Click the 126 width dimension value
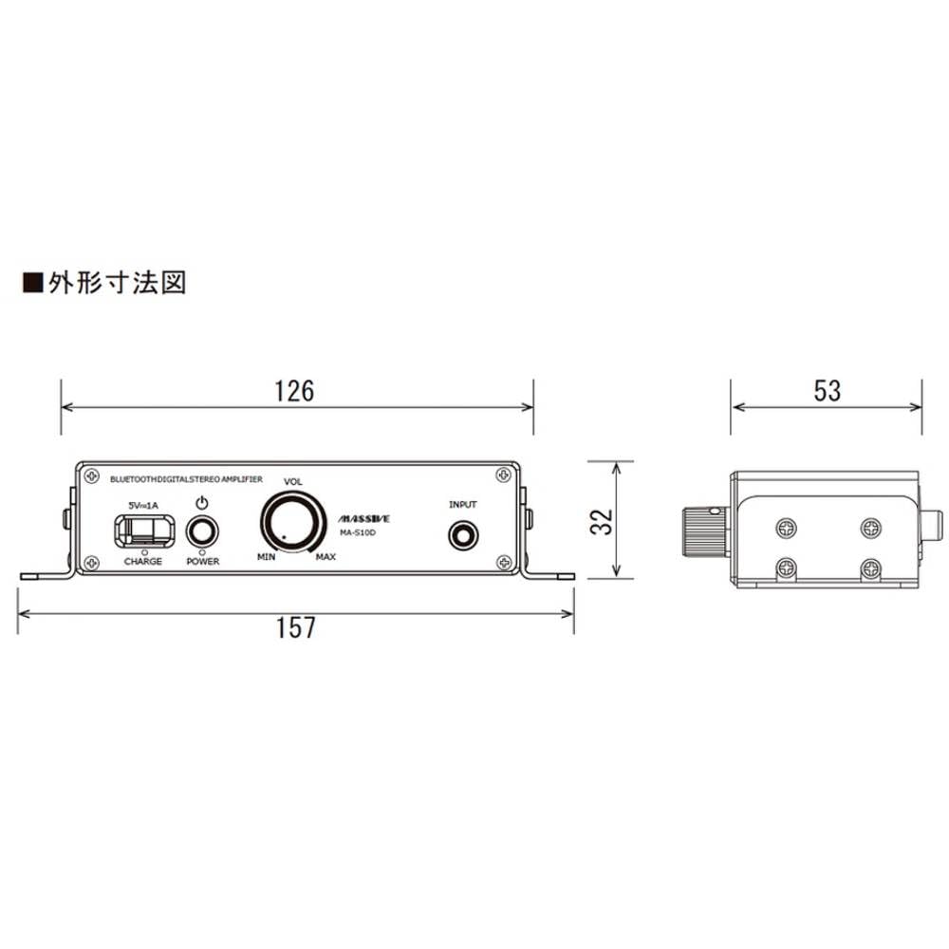[294, 390]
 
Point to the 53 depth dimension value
[827, 390]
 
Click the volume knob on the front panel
[292, 522]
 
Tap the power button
[202, 531]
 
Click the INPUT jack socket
[463, 535]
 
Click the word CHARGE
[143, 562]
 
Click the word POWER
[202, 562]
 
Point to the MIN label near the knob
[266, 556]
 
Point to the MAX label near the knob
[325, 556]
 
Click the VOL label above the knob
[292, 482]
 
